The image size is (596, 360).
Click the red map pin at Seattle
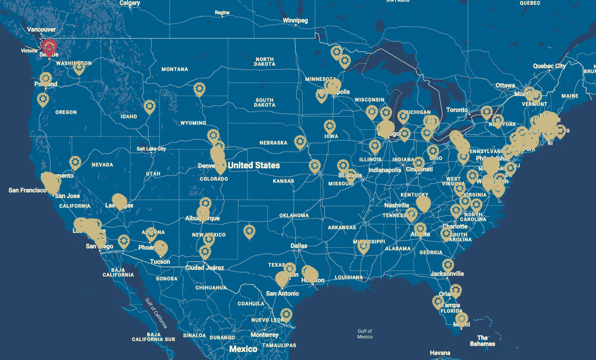pyautogui.click(x=50, y=46)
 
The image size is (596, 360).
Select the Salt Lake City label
pyautogui.click(x=151, y=149)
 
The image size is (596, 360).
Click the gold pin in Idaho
pyautogui.click(x=149, y=106)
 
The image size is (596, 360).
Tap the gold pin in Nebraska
pyautogui.click(x=300, y=142)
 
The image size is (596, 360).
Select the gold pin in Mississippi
pyautogui.click(x=363, y=246)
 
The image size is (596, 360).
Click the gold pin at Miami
pyautogui.click(x=462, y=319)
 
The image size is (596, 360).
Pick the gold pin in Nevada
pyautogui.click(x=75, y=162)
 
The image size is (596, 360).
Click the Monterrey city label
pyautogui.click(x=264, y=335)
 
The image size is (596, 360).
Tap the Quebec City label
pyautogui.click(x=549, y=66)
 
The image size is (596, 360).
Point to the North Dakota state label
pyautogui.click(x=264, y=62)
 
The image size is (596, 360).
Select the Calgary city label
pyautogui.click(x=129, y=3)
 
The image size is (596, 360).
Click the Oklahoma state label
pyautogui.click(x=294, y=215)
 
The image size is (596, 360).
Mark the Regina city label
pyautogui.click(x=222, y=13)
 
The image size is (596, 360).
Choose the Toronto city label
pyautogui.click(x=457, y=110)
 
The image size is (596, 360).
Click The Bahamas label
pyautogui.click(x=482, y=341)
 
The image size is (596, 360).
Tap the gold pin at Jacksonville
pyautogui.click(x=448, y=265)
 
